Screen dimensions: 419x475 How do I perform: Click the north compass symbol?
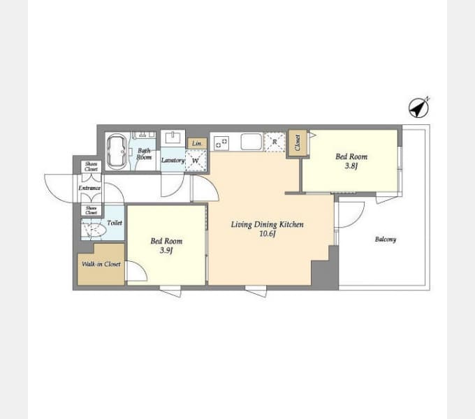click(x=418, y=108)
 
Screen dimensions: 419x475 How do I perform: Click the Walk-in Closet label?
click(x=101, y=265)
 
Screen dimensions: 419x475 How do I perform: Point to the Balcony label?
click(x=385, y=240)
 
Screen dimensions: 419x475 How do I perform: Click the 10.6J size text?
click(x=268, y=234)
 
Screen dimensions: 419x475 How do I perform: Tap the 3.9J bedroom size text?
click(x=166, y=251)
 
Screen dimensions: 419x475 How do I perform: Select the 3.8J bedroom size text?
click(x=351, y=167)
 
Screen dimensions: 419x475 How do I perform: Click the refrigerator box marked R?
click(x=275, y=142)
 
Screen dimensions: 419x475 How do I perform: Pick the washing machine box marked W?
click(x=196, y=160)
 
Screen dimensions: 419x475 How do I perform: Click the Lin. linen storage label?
click(x=198, y=143)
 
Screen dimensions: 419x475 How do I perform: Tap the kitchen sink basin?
click(x=251, y=142)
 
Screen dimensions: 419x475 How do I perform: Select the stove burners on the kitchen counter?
click(x=221, y=142)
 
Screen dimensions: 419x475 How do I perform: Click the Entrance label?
click(x=89, y=188)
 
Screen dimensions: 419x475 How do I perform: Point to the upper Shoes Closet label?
click(x=92, y=166)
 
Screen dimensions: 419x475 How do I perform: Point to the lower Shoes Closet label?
click(x=92, y=209)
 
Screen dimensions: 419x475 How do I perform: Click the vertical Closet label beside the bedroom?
click(x=297, y=142)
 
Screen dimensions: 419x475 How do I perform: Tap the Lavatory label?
click(x=173, y=161)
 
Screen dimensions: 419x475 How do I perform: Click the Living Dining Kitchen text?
click(x=268, y=224)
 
